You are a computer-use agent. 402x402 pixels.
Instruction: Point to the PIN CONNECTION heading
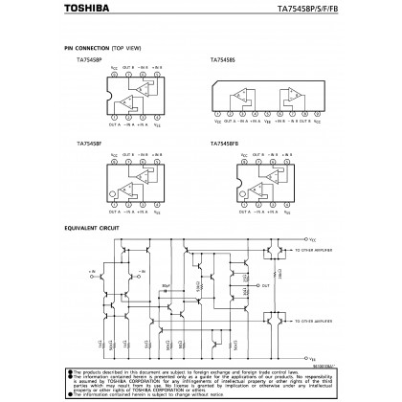[83, 47]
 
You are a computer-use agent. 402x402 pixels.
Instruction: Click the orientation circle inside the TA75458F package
[113, 197]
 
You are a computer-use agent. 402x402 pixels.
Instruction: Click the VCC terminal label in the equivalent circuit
[312, 240]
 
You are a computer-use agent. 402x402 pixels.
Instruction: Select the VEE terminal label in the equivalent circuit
[312, 355]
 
